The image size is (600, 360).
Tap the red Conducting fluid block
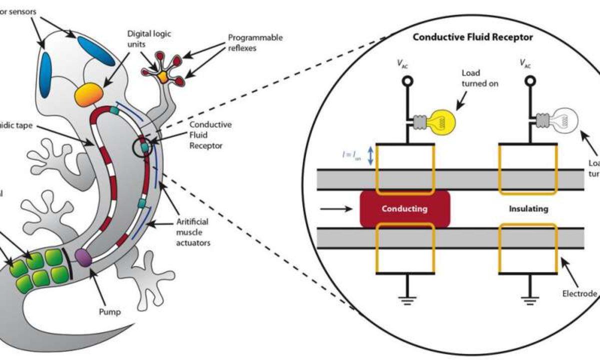(404, 208)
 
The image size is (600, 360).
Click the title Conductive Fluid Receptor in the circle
(472, 37)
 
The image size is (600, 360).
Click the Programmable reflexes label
(255, 43)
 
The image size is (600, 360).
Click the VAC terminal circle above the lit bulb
(406, 80)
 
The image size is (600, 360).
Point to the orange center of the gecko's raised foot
(163, 76)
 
